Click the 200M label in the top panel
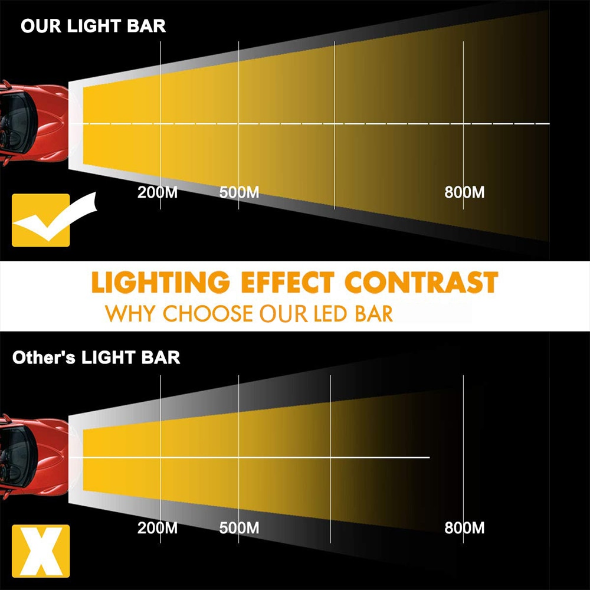[158, 192]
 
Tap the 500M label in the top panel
[239, 192]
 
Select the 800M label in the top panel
[464, 192]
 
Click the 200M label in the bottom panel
[158, 527]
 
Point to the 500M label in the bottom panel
[239, 527]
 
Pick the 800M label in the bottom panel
[464, 527]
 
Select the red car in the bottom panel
[32, 458]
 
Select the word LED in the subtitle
[332, 313]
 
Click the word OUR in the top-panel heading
[41, 26]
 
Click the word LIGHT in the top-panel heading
[94, 26]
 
